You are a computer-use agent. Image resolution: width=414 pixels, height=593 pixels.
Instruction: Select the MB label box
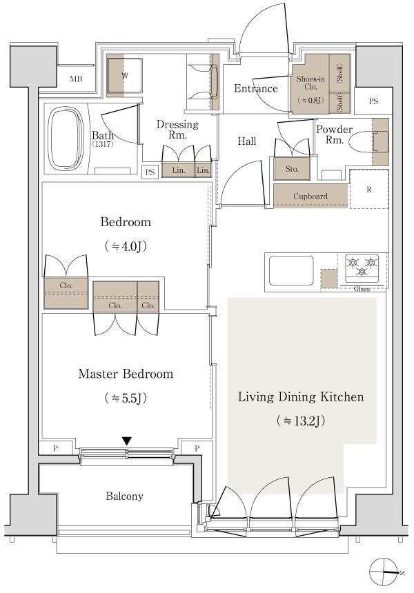tap(76, 79)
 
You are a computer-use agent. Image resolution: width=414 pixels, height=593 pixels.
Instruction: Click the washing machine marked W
tap(124, 74)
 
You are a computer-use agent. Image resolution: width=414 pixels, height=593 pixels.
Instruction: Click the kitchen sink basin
tap(290, 270)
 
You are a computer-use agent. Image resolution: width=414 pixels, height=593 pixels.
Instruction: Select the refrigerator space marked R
tap(368, 188)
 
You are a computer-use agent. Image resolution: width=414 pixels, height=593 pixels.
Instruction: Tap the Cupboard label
tap(310, 197)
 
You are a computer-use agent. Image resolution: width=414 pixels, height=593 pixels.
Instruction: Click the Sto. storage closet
tap(292, 168)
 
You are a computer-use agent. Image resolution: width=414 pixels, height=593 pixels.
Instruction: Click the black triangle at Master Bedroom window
tap(127, 441)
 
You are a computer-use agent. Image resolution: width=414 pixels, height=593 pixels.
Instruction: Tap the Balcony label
tap(125, 496)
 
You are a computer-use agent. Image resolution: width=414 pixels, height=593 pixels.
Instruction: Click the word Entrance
tap(255, 88)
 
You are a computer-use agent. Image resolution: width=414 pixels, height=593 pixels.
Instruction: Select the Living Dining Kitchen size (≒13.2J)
tap(300, 421)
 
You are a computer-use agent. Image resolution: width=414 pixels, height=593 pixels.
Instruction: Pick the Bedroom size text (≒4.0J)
tap(125, 245)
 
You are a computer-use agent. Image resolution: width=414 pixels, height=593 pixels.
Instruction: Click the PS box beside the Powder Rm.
tap(373, 101)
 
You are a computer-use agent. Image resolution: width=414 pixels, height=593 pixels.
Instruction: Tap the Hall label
tap(247, 141)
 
